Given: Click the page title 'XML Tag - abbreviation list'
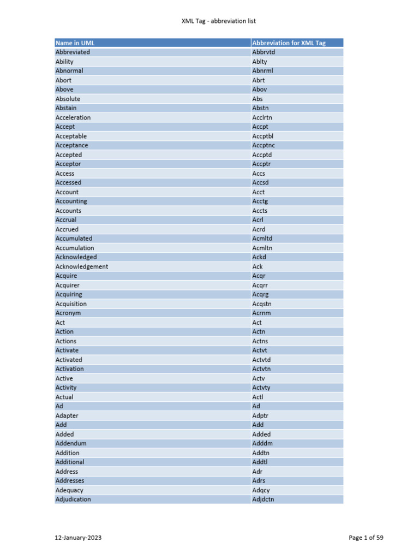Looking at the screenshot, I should tap(218, 21).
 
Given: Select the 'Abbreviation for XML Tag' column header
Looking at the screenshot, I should tap(289, 43).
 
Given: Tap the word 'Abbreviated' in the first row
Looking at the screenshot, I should tap(73, 52).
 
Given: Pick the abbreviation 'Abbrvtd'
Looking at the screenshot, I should tap(264, 52).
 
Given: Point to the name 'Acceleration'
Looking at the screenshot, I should tap(73, 117).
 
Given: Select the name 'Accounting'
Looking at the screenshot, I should tap(71, 201).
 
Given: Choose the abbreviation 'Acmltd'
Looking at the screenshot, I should tap(262, 239).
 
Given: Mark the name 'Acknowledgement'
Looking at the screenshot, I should tap(82, 266).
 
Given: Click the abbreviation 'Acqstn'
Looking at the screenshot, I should tap(262, 304).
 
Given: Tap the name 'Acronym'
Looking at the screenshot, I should tap(68, 313).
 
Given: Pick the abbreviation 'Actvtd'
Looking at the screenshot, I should tap(261, 360).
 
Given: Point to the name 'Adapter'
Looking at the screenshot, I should tap(67, 415).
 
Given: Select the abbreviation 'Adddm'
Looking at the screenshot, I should tap(261, 443).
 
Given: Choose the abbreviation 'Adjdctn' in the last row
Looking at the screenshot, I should tap(263, 499).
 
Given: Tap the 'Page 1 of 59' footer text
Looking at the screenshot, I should tap(366, 538).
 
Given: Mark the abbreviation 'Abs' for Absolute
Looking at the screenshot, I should tap(258, 99).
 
